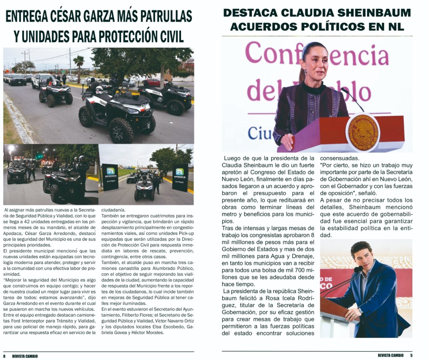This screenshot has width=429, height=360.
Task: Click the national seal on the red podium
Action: (x=362, y=132)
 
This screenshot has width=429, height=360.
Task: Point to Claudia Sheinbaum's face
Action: (x=314, y=62)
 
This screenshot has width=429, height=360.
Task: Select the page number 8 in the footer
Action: (x=5, y=356)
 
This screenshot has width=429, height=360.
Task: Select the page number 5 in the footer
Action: (x=411, y=355)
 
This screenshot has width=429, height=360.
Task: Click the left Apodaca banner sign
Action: (x=110, y=177)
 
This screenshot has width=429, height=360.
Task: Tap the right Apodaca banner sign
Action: (x=180, y=177)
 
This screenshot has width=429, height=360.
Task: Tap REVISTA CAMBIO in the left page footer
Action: (x=25, y=356)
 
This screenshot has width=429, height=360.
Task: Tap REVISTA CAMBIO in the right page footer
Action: (x=390, y=355)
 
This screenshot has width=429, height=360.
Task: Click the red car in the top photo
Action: (x=152, y=82)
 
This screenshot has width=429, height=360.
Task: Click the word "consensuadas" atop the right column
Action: (x=339, y=158)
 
